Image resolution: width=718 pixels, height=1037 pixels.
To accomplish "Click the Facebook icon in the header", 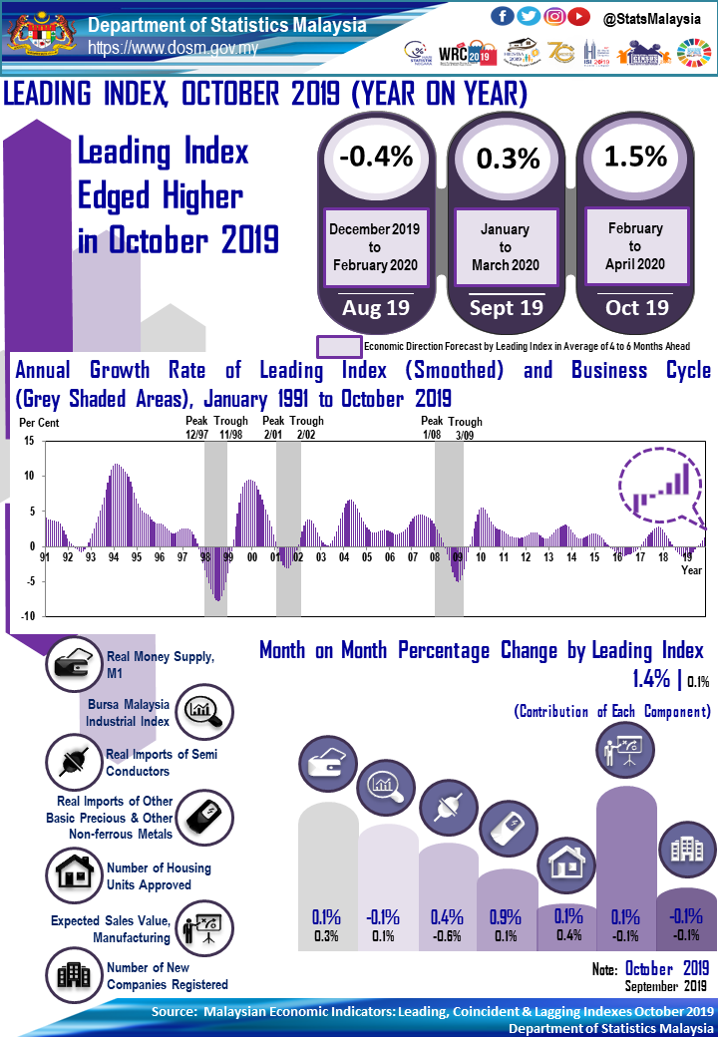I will pos(504,16).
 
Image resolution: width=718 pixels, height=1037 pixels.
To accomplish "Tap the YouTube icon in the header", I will pos(578,16).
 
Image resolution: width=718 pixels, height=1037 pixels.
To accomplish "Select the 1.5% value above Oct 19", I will pos(636,157).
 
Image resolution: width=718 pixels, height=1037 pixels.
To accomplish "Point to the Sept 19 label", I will pos(506,307).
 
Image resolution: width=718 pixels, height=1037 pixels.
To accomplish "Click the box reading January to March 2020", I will pos(506,247).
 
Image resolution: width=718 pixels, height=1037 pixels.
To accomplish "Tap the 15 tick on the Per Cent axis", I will pos(28,441).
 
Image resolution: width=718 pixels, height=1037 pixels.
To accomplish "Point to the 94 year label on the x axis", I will pos(114,557).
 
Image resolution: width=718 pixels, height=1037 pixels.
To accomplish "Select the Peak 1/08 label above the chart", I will pos(432,428).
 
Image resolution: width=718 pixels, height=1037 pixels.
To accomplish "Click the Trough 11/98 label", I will pos(231,428).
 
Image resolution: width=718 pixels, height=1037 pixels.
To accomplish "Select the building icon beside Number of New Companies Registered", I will pos(73,973).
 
